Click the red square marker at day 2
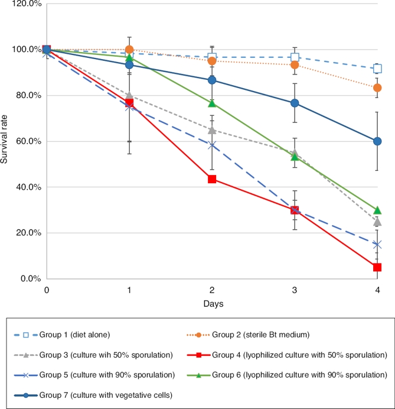click(x=212, y=179)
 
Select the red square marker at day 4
click(x=377, y=267)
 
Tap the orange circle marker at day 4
click(x=377, y=87)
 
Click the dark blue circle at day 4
click(x=377, y=141)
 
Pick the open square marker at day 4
click(x=377, y=69)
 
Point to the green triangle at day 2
click(x=212, y=103)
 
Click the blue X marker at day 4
click(x=377, y=244)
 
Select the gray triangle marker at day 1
click(x=129, y=95)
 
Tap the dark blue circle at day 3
click(x=295, y=103)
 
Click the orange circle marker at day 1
click(x=129, y=50)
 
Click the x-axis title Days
click(x=212, y=303)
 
